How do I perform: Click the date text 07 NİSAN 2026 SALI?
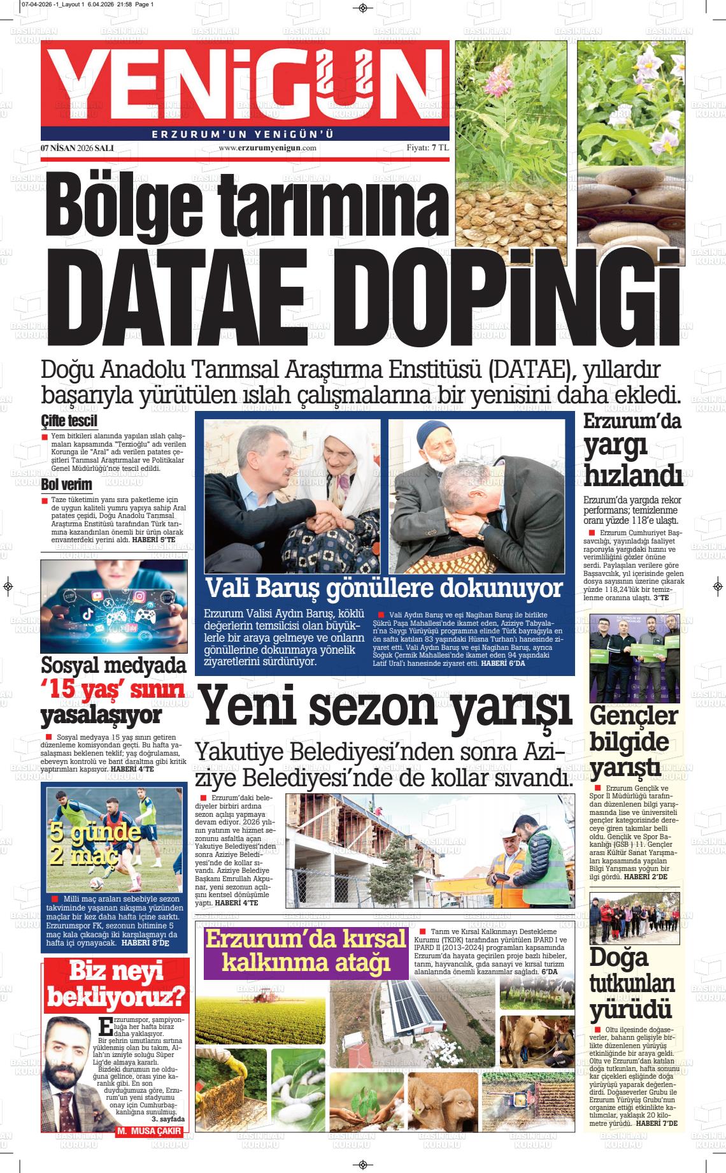click(77, 148)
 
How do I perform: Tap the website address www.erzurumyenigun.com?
click(267, 148)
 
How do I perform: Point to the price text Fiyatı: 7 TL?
click(427, 148)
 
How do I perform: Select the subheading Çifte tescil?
click(69, 421)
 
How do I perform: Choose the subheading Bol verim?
click(67, 485)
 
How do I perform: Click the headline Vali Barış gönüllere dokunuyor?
click(384, 588)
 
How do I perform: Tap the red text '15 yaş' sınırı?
click(113, 689)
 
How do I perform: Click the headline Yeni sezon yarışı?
click(385, 707)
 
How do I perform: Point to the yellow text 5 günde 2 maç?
click(95, 843)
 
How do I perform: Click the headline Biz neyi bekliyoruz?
click(116, 984)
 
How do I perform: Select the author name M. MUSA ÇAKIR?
click(150, 1132)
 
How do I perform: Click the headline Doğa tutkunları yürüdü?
click(631, 984)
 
